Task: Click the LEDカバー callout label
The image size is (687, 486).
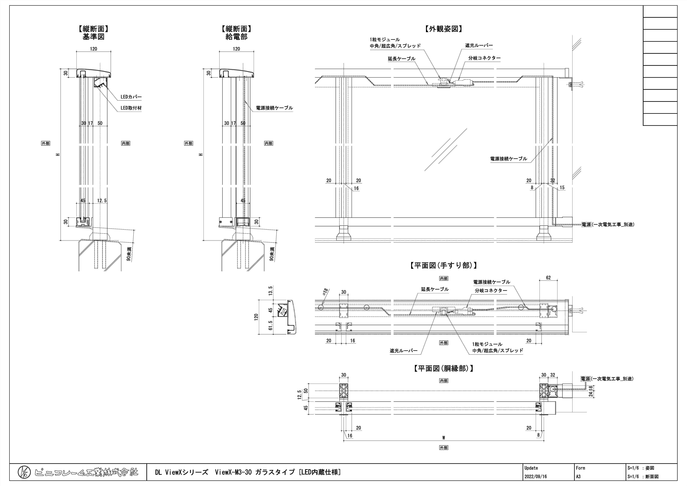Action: (131, 97)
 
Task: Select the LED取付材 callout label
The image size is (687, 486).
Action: (131, 108)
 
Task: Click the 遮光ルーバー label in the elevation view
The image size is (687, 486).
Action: (479, 45)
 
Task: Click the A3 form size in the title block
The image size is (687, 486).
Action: (578, 476)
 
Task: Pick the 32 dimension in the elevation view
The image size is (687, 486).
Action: (553, 181)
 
